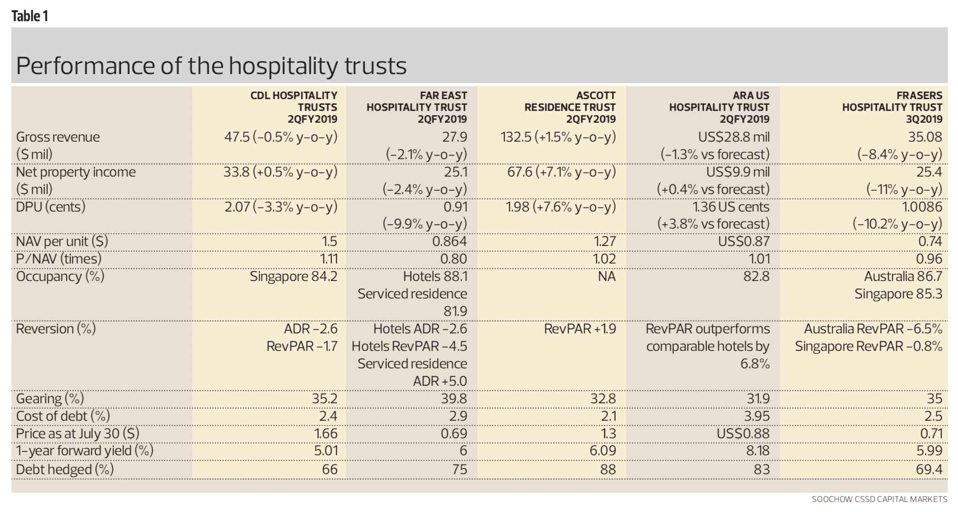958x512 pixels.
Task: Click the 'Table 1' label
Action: click(30, 16)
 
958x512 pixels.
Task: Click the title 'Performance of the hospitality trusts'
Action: click(211, 66)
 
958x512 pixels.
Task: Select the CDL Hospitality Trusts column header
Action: click(294, 107)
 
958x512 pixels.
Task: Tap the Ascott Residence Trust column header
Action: click(570, 107)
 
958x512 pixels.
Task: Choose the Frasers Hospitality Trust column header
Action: click(892, 107)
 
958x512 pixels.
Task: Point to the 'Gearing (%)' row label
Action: click(50, 399)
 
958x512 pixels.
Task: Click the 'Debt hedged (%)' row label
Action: click(65, 469)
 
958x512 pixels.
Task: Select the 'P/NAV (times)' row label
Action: click(59, 259)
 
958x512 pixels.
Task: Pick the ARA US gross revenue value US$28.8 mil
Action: click(733, 137)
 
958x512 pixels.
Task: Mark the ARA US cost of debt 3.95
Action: click(756, 416)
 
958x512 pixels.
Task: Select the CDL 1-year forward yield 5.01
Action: click(326, 451)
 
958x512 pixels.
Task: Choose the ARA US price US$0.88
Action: click(743, 434)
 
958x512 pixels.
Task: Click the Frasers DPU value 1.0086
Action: click(922, 207)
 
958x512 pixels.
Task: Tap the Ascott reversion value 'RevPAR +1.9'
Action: click(580, 329)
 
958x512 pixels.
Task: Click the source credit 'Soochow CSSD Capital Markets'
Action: click(879, 499)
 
